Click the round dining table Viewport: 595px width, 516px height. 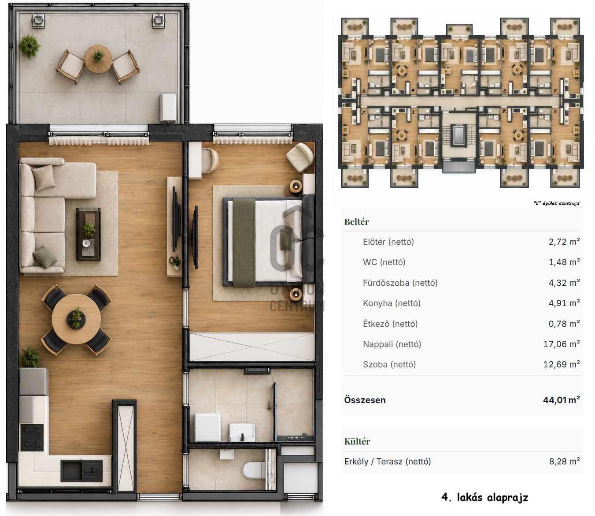[76, 319]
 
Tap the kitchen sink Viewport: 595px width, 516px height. [82, 471]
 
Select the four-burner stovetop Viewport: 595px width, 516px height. [32, 437]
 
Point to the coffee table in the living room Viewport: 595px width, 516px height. [89, 234]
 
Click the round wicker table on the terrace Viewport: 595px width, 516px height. [98, 59]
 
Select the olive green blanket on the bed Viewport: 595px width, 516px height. [244, 243]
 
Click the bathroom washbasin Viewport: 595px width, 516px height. [242, 432]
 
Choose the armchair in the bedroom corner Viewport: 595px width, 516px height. [300, 157]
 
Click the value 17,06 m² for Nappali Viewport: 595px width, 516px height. [562, 344]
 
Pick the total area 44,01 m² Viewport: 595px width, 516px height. [562, 400]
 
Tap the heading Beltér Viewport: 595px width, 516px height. [356, 222]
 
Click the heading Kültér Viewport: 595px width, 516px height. [357, 441]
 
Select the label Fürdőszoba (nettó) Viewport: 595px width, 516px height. [400, 283]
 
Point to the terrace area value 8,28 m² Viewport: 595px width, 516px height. [565, 461]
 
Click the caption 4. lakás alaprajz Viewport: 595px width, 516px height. [485, 497]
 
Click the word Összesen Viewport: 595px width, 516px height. [365, 400]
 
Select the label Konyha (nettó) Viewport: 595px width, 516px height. [392, 303]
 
